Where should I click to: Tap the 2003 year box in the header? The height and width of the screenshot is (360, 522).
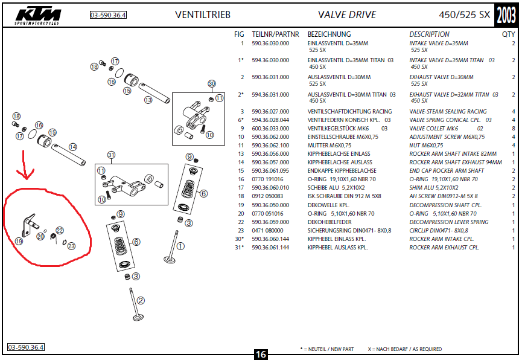[506, 14]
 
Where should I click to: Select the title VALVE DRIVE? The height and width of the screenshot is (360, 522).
[346, 14]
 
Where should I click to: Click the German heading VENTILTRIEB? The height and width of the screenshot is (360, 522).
[202, 14]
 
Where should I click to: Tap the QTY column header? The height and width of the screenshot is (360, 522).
[508, 34]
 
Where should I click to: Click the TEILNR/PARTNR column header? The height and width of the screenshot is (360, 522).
[275, 34]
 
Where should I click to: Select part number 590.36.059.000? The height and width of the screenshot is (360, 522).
[270, 222]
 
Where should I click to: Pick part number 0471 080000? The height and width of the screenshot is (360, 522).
[267, 230]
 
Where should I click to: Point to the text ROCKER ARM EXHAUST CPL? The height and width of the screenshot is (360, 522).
[444, 247]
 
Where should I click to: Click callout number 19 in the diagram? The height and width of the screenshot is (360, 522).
[19, 241]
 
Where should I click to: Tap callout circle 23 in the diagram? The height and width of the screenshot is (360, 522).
[71, 246]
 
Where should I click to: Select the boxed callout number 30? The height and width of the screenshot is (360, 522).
[211, 83]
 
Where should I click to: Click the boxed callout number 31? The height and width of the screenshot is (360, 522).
[110, 155]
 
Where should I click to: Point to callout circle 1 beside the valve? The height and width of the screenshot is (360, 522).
[180, 246]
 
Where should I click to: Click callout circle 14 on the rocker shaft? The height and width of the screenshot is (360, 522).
[72, 147]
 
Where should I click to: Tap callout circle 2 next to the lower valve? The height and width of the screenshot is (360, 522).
[141, 300]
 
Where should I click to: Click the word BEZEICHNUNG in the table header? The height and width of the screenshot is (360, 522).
[329, 34]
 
